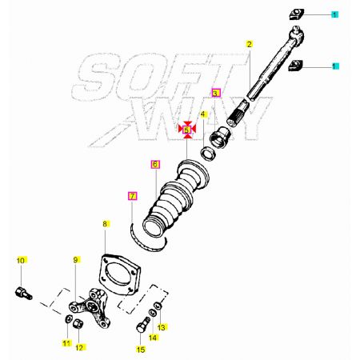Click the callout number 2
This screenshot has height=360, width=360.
click(250, 44)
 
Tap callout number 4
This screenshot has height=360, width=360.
click(203, 114)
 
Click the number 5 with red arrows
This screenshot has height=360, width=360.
click(187, 130)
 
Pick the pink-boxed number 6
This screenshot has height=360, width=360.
click(155, 164)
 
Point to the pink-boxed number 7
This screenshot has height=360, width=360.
click(133, 196)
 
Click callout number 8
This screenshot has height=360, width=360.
click(105, 224)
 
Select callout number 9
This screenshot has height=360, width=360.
click(76, 260)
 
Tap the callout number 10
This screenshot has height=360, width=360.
click(21, 261)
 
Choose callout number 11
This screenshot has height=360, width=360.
click(67, 343)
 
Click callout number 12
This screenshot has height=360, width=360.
click(79, 347)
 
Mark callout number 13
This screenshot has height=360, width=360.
click(162, 327)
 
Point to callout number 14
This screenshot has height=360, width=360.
click(153, 338)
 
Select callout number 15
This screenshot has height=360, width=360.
click(141, 350)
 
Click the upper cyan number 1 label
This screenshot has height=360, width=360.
click(334, 14)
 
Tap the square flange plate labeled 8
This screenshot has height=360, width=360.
click(119, 274)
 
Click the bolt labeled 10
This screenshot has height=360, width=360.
click(23, 293)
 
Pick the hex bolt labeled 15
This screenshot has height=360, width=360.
click(143, 325)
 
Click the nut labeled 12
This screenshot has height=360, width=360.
click(78, 324)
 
